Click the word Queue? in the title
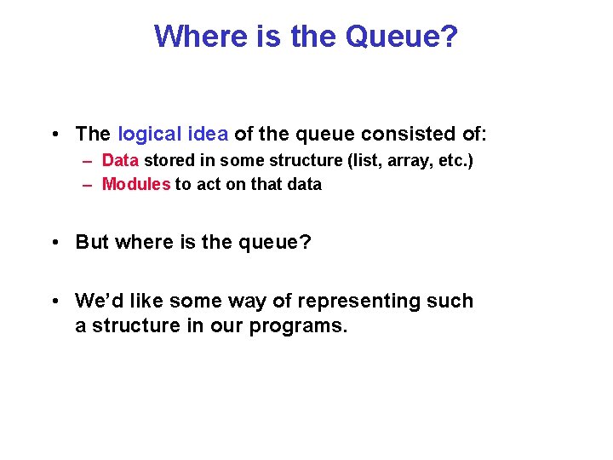(x=402, y=37)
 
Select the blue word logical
(x=150, y=134)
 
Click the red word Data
(x=121, y=160)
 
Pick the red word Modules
(x=136, y=184)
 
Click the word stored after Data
(x=169, y=160)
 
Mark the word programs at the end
(x=298, y=325)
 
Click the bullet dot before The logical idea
(x=54, y=135)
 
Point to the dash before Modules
(x=88, y=184)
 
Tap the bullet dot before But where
(x=54, y=243)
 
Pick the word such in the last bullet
(x=450, y=301)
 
